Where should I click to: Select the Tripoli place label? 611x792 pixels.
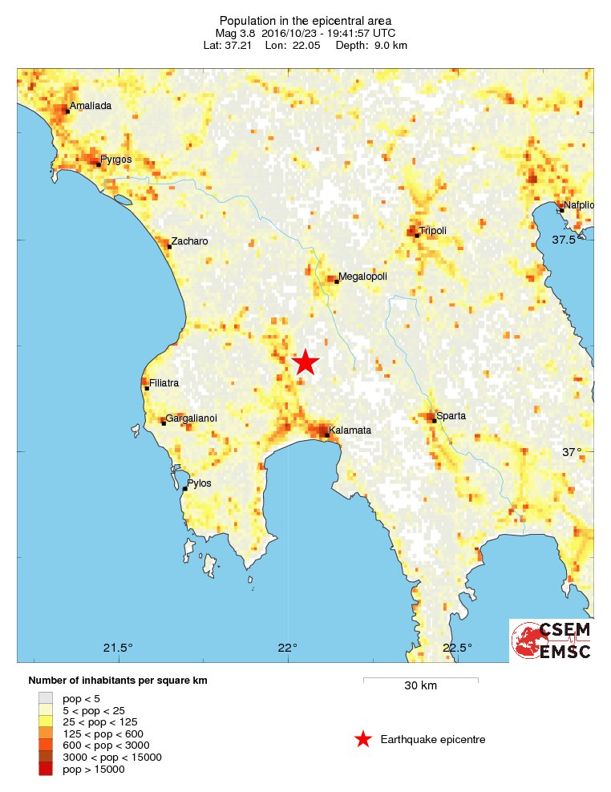(x=432, y=231)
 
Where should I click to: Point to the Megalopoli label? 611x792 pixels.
(x=362, y=277)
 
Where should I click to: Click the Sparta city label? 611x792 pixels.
(x=451, y=416)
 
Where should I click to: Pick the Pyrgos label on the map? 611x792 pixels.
(x=115, y=160)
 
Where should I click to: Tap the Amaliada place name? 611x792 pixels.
(x=90, y=106)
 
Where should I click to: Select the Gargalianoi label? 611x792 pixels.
(x=191, y=418)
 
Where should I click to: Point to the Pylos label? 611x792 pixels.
(x=199, y=483)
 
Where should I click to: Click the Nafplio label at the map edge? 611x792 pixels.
(x=578, y=205)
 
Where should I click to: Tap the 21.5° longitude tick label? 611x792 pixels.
(x=119, y=648)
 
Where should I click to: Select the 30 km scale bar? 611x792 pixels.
(x=420, y=680)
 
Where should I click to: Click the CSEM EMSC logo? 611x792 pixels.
(x=552, y=640)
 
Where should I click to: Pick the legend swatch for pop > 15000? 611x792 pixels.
(x=46, y=769)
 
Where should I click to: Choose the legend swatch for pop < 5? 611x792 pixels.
(x=46, y=697)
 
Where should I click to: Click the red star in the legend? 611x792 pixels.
(x=363, y=739)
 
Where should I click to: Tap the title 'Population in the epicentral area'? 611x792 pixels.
(x=305, y=20)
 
